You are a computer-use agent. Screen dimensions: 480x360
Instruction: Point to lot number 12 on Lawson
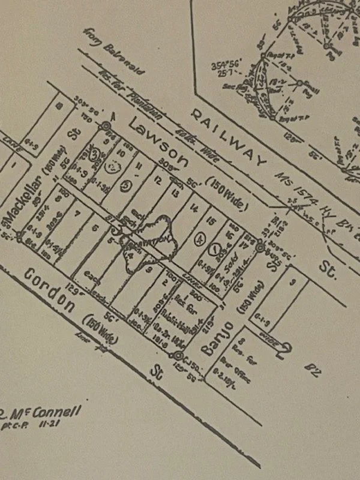(158, 179)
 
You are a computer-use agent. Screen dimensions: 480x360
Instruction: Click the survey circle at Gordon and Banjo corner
(179, 355)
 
